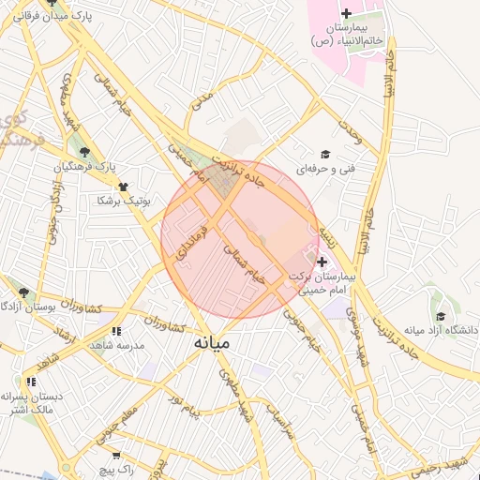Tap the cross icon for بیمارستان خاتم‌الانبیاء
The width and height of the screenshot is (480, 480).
tap(346, 13)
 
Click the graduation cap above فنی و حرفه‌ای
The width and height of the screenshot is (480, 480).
tap(325, 154)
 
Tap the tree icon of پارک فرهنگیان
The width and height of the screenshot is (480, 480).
tap(85, 152)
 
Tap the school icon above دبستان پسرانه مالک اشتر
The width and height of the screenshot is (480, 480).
tap(32, 382)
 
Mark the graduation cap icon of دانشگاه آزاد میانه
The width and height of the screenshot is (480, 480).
tap(440, 317)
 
